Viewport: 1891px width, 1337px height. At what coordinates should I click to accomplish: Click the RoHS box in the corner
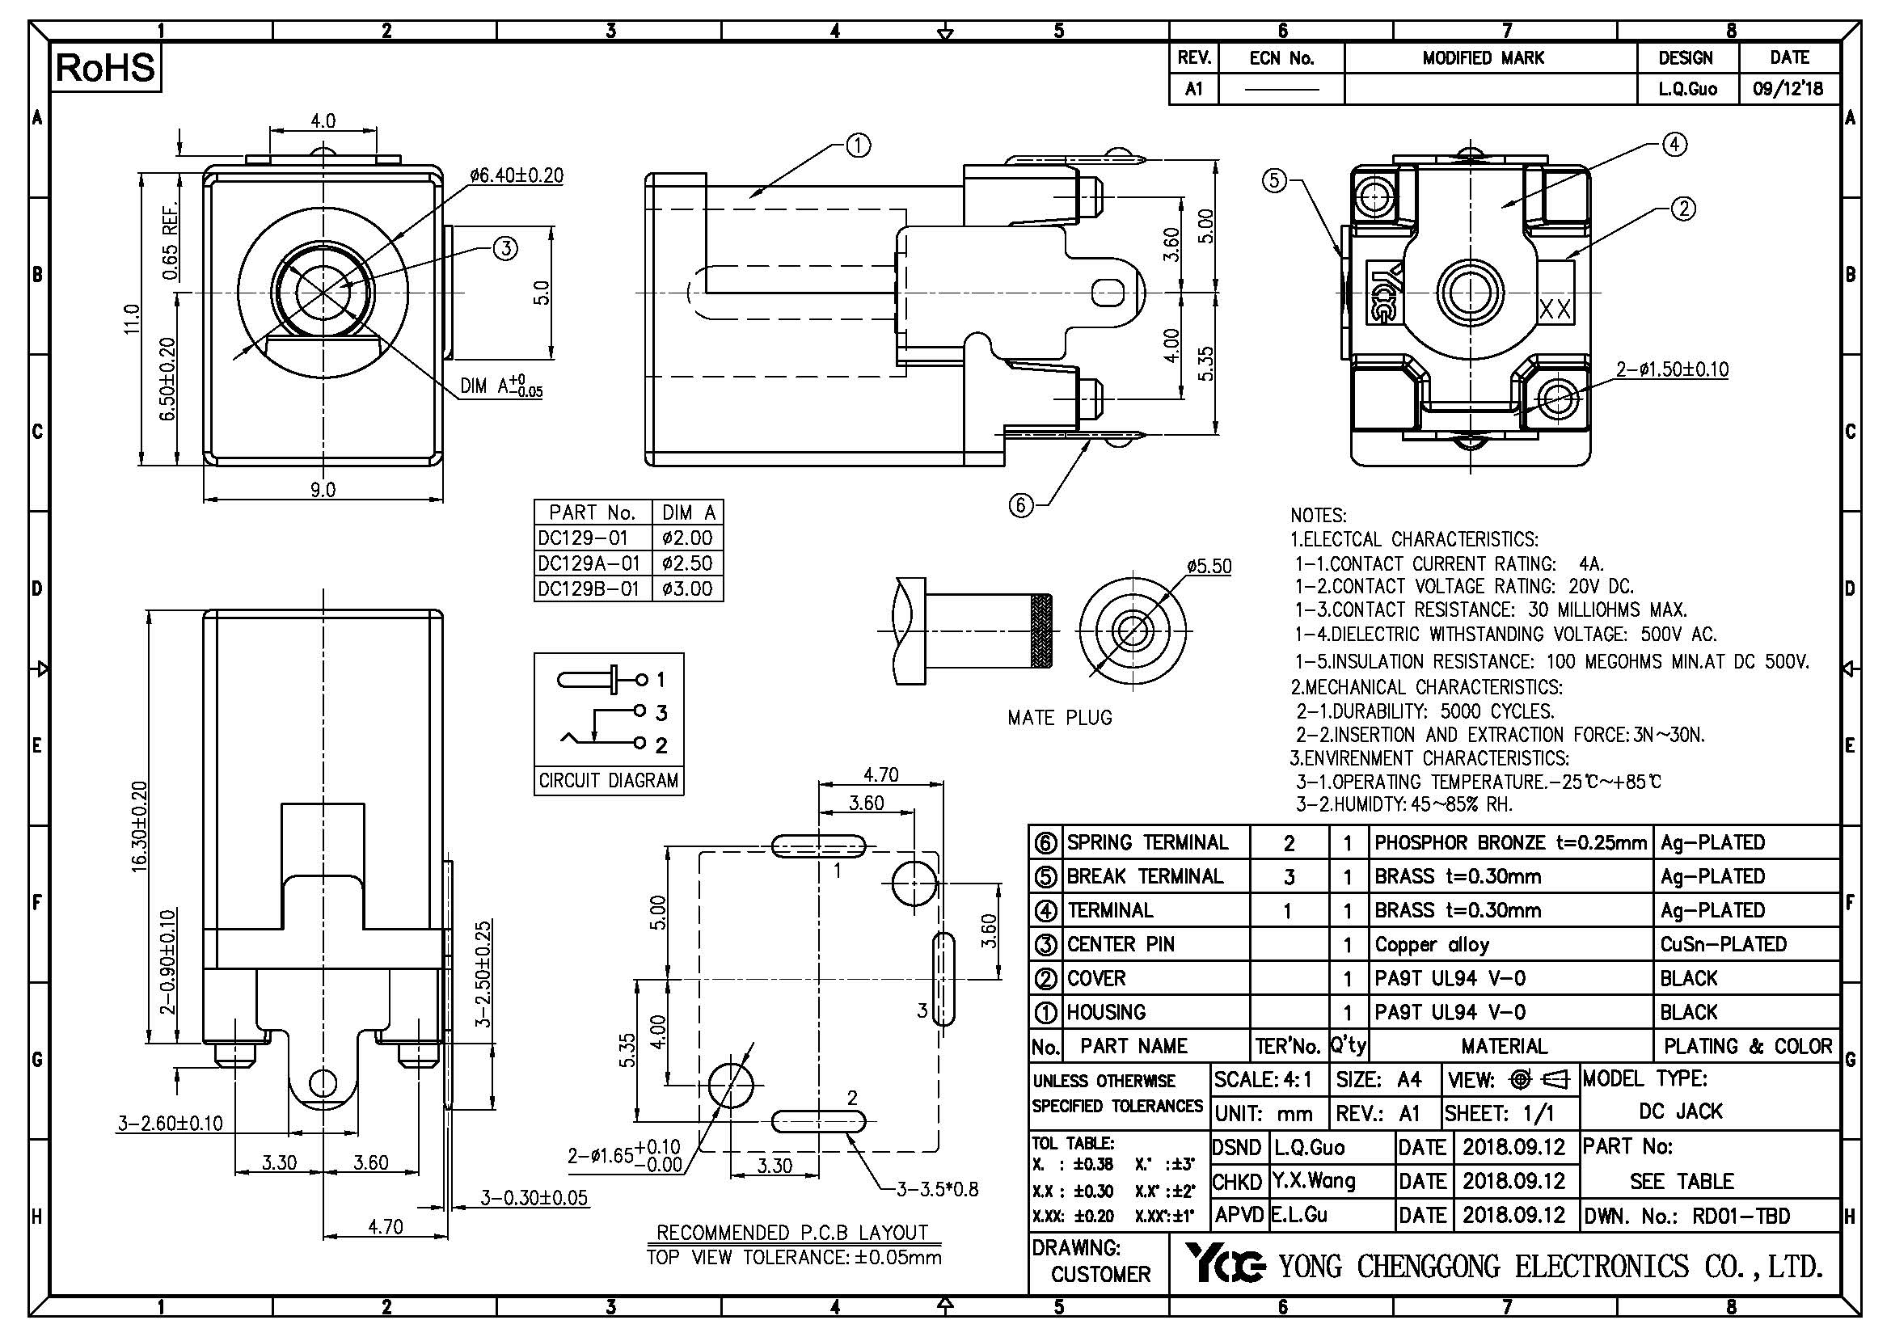pos(104,68)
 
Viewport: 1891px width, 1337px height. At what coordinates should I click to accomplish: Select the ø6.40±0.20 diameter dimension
pos(517,175)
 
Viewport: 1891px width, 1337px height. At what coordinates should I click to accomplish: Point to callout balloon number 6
pos(1020,504)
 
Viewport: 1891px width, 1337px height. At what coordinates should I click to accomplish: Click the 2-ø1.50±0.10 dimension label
pos(1672,369)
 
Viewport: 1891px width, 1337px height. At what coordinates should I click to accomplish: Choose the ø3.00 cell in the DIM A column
pos(687,589)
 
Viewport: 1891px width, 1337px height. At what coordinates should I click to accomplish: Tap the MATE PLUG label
pos(1059,718)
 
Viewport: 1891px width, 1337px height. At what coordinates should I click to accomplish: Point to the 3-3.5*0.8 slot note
pos(937,1189)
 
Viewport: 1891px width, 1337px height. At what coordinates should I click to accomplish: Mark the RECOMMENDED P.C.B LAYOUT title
pos(792,1233)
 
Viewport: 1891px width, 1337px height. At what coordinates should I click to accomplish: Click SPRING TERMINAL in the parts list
pos(1147,842)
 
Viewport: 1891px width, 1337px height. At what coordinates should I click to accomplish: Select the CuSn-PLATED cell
pos(1723,944)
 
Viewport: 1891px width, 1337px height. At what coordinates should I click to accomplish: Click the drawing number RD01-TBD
pos(1741,1216)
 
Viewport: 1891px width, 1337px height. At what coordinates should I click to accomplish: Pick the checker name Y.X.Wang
pos(1313,1182)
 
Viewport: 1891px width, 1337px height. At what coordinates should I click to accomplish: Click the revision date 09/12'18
pos(1788,89)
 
